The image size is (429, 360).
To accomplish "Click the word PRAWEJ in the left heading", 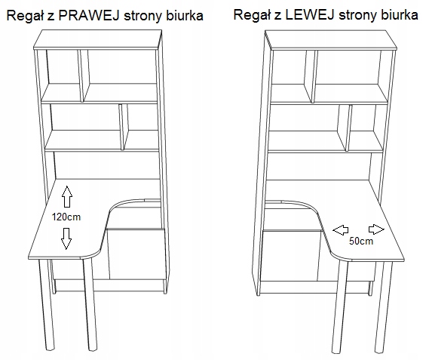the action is point(89,16).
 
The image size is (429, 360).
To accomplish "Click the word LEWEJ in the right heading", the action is point(309,14).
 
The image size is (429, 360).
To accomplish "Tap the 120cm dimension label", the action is point(66,217).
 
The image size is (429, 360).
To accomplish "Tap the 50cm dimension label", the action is point(361,241).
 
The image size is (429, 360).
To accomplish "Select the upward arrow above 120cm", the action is point(67,196).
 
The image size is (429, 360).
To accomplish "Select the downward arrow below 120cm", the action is point(66,238).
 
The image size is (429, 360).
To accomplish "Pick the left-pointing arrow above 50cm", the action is point(341,230).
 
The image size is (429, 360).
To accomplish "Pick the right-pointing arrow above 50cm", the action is point(376,229).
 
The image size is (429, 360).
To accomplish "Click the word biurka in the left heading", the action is point(185,16).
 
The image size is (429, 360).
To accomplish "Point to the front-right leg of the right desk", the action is point(384,308).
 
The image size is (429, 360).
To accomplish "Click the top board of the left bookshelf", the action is point(97,39).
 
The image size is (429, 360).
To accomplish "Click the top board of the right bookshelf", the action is point(331,40).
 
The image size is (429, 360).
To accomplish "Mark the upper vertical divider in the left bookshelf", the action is point(84,75).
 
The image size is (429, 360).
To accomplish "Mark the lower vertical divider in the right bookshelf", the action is point(345,128).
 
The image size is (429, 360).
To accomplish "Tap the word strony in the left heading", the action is point(144,16).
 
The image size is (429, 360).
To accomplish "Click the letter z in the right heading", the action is point(278,16).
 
